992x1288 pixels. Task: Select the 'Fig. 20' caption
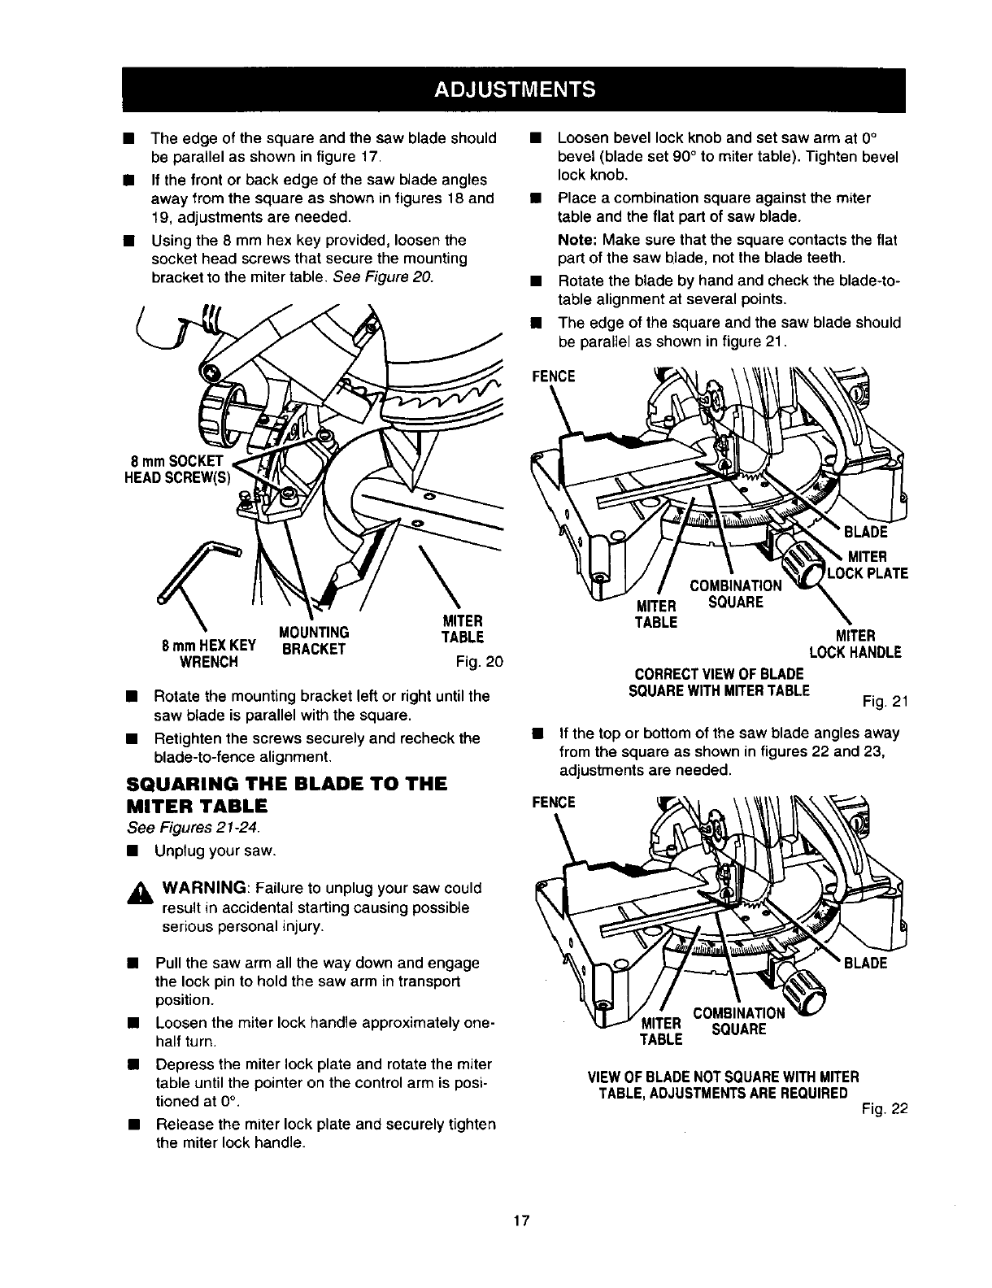pos(481,662)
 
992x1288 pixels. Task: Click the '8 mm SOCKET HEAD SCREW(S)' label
pos(178,469)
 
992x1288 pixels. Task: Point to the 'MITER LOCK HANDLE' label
pos(855,643)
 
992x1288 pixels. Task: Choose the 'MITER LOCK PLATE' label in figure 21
pos(866,565)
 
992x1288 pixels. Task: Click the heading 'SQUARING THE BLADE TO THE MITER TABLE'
pos(288,795)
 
